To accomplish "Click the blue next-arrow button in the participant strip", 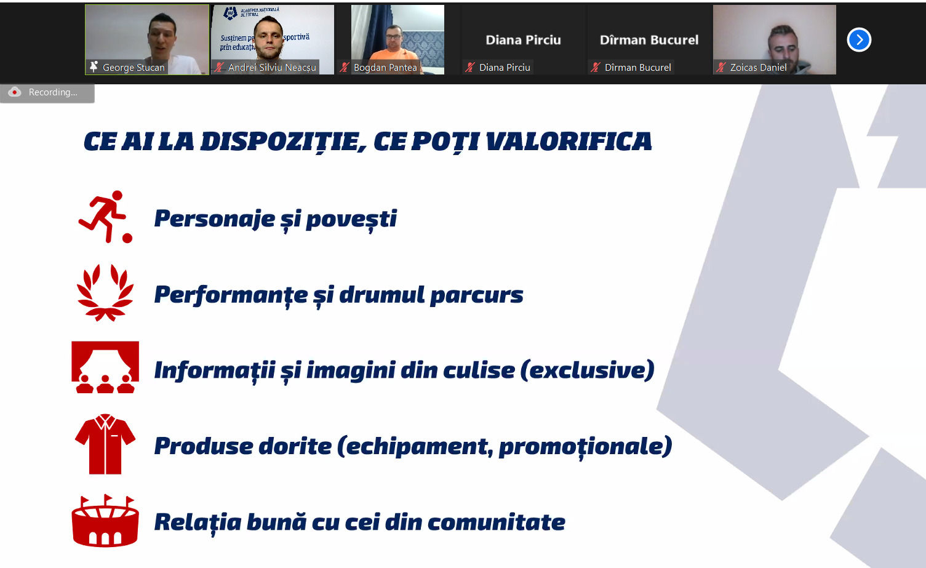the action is [859, 39].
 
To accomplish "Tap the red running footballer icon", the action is [105, 217].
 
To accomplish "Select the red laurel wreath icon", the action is [105, 293].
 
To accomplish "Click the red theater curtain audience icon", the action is [105, 367].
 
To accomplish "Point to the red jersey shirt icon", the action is [105, 444].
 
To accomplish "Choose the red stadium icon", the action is [105, 521].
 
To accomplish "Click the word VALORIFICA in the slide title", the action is [569, 142].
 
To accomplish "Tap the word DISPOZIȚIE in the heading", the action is [283, 142].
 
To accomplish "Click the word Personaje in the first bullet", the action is [215, 218].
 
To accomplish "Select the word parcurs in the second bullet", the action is [477, 295].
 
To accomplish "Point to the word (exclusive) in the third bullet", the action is [588, 370].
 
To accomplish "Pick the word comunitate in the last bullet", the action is [496, 522].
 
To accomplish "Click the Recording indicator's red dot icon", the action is [15, 92].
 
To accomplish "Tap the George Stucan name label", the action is [134, 67].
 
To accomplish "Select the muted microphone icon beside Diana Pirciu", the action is [469, 67].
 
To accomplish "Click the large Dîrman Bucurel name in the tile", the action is [649, 39].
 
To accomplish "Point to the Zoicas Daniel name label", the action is [758, 67].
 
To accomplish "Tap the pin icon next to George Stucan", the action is [94, 67].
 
